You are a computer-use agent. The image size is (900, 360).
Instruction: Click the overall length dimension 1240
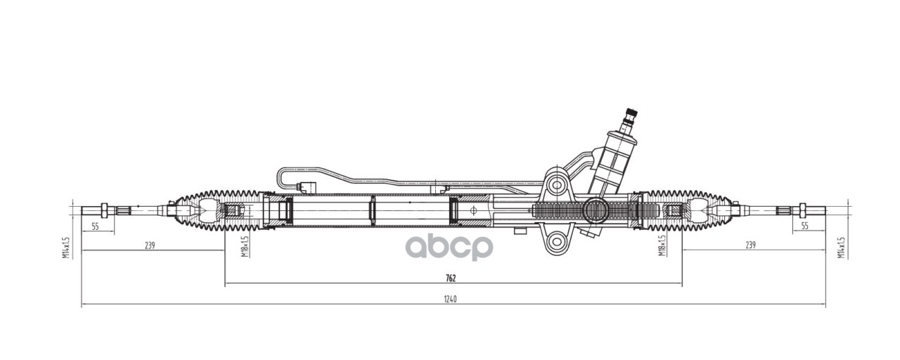(x=451, y=300)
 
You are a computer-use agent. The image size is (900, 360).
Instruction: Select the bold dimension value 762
(x=451, y=278)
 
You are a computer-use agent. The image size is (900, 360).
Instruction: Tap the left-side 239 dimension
(x=149, y=245)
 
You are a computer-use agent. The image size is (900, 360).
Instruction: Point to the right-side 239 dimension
(x=750, y=245)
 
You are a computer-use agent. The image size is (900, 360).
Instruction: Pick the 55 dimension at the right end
(x=805, y=226)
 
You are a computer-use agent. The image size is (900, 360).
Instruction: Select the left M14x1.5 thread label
(x=66, y=247)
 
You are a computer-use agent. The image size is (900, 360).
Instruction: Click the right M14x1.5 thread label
(x=841, y=247)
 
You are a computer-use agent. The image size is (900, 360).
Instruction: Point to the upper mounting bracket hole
(x=558, y=186)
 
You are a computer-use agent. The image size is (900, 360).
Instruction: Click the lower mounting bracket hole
(x=558, y=242)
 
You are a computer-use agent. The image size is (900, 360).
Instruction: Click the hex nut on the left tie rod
(x=104, y=210)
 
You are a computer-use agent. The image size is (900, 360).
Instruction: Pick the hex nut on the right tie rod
(x=800, y=210)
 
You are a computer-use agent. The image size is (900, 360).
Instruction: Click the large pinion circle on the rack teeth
(x=596, y=210)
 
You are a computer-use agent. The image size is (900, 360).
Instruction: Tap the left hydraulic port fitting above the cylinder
(x=307, y=188)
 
